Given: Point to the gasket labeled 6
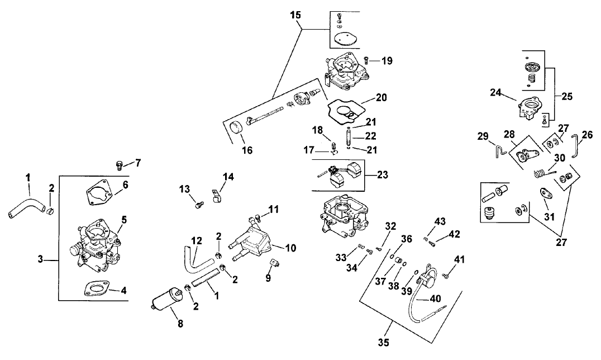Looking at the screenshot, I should tap(100, 196).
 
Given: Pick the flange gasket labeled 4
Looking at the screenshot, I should tap(96, 288).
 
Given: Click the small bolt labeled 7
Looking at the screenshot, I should tap(118, 164).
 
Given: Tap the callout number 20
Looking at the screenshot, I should tap(381, 97).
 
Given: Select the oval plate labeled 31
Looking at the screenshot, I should tap(544, 193).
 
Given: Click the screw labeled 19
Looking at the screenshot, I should tap(366, 59).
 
